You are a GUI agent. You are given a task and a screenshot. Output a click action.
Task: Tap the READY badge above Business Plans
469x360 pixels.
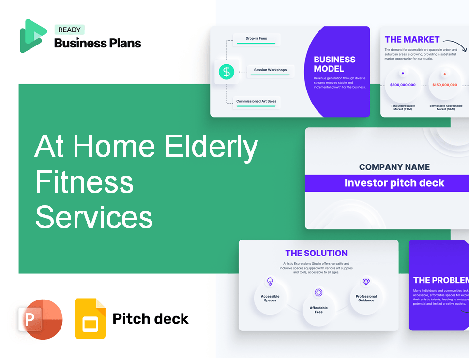tap(69, 30)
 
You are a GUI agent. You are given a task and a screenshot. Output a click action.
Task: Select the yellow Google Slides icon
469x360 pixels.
tap(90, 318)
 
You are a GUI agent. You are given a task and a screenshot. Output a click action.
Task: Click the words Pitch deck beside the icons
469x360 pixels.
tap(151, 319)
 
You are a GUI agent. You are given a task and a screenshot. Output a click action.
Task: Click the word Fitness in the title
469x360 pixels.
tap(84, 182)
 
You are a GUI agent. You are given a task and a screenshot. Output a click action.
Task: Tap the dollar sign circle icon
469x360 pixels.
tap(226, 72)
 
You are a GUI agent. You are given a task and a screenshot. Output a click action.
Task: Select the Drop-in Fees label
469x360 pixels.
tap(257, 38)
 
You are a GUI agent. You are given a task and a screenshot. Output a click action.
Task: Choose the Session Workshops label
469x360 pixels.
tap(270, 70)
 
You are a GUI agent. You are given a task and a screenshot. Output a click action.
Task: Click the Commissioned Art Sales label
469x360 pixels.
tap(257, 102)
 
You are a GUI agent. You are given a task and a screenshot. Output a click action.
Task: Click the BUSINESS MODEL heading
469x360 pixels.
tap(334, 64)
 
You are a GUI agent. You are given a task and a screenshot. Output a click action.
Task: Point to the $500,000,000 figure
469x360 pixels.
tap(403, 85)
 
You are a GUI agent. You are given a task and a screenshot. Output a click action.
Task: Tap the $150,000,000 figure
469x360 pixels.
tap(444, 85)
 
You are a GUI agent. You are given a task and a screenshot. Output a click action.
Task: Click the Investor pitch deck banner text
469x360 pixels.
tap(394, 183)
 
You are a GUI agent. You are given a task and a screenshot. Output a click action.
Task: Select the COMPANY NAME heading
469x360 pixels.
tap(394, 167)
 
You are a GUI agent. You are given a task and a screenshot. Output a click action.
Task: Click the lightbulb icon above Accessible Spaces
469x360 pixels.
tap(270, 282)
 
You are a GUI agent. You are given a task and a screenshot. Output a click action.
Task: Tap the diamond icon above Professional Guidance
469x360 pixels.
tap(366, 282)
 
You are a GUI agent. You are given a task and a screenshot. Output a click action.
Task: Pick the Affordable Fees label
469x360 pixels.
tap(318, 310)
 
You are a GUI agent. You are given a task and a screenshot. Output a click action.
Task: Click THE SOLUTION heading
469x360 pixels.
tap(316, 253)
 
